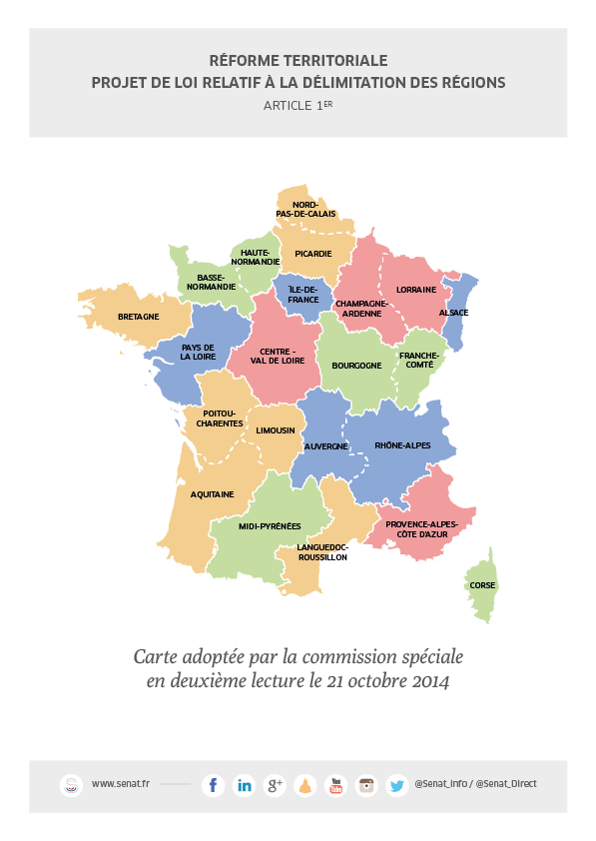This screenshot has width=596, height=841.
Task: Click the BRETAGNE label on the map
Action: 139,317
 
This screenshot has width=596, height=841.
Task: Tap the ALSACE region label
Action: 452,313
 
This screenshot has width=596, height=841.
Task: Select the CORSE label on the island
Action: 482,585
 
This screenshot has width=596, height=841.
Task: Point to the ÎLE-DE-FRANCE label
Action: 303,295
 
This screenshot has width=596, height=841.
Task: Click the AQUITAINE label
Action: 213,493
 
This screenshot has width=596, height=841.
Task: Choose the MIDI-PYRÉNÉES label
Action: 270,524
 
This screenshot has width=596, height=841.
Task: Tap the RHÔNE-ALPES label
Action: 402,445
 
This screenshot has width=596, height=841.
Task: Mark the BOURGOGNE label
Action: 356,366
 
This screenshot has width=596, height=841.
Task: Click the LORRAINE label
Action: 415,290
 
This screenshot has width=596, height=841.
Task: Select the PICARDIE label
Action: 313,254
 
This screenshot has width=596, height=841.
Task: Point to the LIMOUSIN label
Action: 276,430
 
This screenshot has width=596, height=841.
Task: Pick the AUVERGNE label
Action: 325,446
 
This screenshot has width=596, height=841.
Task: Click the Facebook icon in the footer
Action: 213,785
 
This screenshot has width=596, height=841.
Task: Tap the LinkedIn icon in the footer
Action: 244,785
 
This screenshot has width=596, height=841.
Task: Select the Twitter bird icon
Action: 396,785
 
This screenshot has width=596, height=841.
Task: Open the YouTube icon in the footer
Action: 335,785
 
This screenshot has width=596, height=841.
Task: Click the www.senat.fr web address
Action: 120,784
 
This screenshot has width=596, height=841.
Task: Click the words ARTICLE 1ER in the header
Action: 298,105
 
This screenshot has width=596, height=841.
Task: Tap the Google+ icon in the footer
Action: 275,785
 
